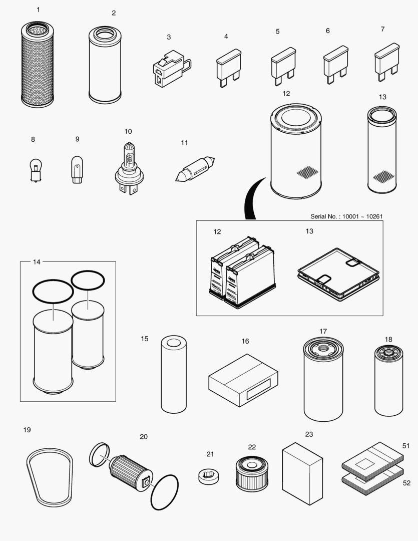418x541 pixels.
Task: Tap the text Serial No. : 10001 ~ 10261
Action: (x=347, y=216)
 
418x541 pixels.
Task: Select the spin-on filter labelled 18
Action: (x=388, y=381)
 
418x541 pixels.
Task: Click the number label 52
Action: (x=406, y=483)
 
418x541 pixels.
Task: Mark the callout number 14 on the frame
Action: (x=37, y=261)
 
